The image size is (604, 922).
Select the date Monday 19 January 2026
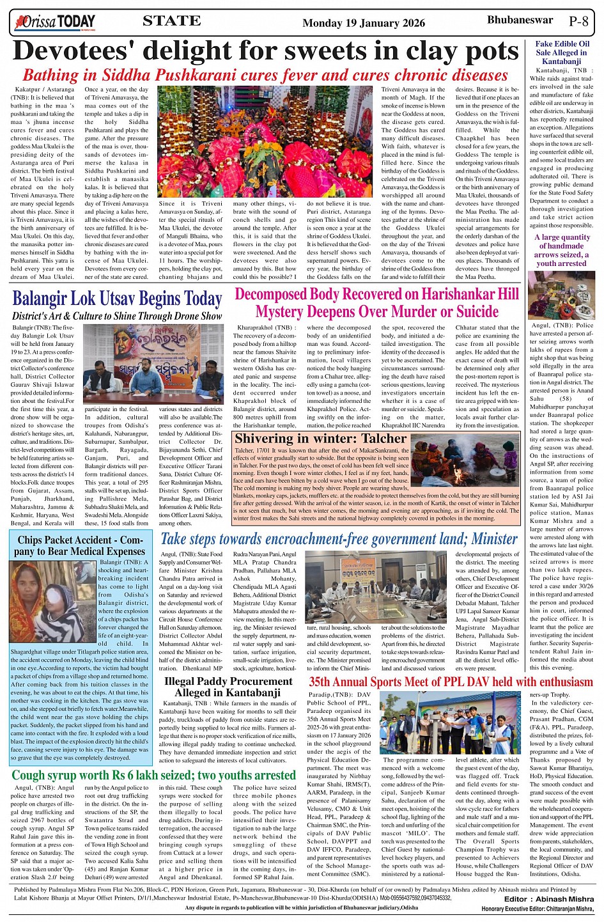coord(363,23)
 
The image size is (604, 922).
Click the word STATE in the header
coord(171,21)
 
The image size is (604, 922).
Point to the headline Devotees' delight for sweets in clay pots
coord(265,51)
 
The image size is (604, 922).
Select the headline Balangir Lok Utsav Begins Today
coord(117,299)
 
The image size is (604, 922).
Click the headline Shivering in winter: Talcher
coord(320,439)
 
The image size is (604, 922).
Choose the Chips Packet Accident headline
coord(81,545)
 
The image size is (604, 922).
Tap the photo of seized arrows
coord(561,295)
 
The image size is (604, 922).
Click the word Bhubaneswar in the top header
coord(520,20)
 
